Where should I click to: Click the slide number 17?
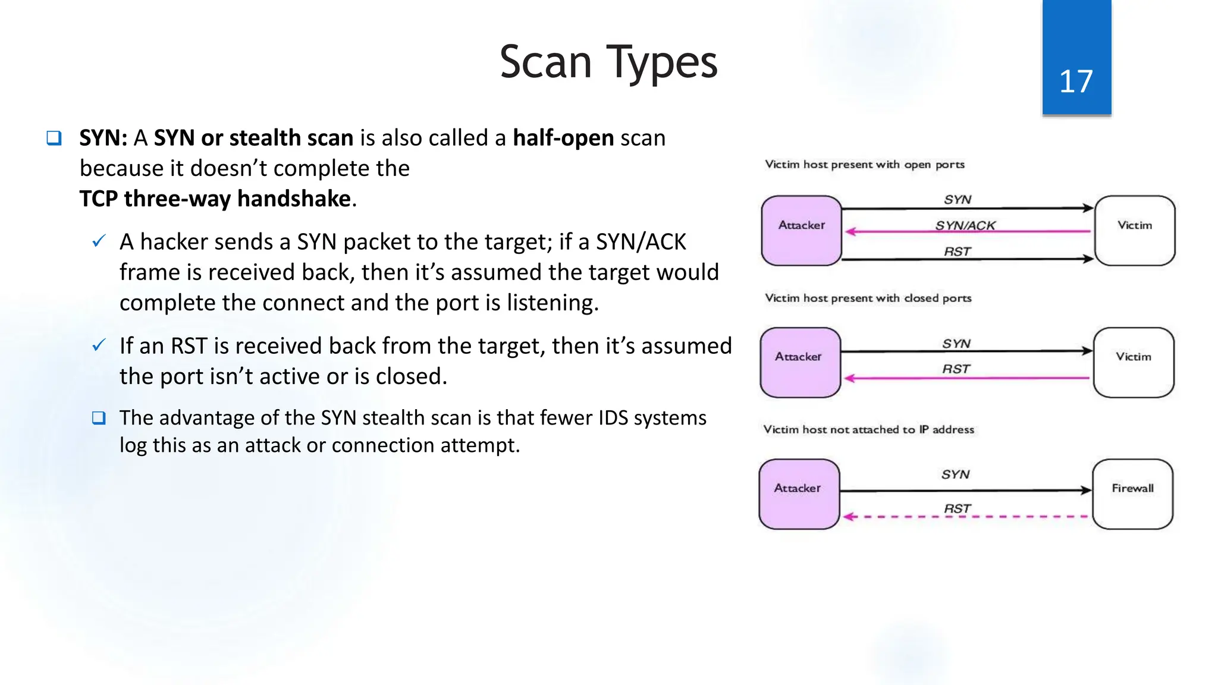(x=1076, y=81)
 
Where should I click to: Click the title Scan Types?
(x=608, y=62)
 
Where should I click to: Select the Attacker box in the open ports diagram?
(x=801, y=230)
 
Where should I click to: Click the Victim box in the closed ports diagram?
(x=1134, y=362)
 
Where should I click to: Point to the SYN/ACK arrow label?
(x=965, y=225)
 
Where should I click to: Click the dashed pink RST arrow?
(x=966, y=517)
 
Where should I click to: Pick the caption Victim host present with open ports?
(x=864, y=165)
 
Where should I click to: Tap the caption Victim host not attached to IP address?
(x=868, y=429)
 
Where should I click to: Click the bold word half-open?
(x=563, y=138)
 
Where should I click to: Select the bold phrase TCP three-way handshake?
(x=215, y=199)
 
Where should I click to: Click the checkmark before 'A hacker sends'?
(x=99, y=241)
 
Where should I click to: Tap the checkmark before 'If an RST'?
(x=99, y=345)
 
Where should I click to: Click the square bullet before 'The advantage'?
(x=99, y=418)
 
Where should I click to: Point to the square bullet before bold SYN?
(x=54, y=138)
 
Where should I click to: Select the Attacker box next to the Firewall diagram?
(x=799, y=494)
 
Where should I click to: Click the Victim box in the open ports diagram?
(x=1135, y=230)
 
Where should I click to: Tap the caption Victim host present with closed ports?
(x=868, y=298)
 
